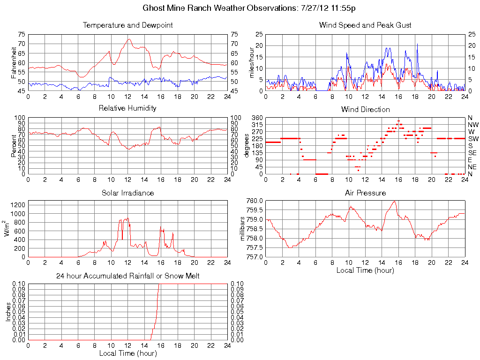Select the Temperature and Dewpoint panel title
(127, 25)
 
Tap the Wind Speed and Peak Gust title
(365, 25)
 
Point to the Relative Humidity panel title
(127, 108)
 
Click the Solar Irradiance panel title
(127, 193)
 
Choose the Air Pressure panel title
(365, 193)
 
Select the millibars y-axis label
(243, 229)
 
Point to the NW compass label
(473, 125)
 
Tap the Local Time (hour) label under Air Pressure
(365, 270)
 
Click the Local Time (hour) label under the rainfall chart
(127, 353)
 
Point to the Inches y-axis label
(8, 312)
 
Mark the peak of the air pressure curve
(395, 201)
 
